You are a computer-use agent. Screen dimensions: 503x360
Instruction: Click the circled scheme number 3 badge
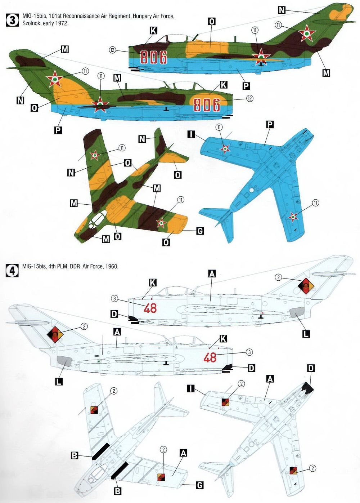(13, 20)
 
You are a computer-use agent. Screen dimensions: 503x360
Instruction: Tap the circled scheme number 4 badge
(13, 270)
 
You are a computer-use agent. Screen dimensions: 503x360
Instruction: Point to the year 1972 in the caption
(62, 23)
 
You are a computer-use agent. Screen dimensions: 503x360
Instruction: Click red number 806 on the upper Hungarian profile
(154, 57)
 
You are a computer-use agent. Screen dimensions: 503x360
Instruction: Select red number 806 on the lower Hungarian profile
(207, 104)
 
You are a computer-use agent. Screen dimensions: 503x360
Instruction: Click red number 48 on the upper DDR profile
(150, 308)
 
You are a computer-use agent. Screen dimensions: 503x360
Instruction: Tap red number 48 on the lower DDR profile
(210, 357)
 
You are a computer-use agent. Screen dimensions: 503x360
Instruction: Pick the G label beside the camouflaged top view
(200, 231)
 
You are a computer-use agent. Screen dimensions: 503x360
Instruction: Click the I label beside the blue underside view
(191, 134)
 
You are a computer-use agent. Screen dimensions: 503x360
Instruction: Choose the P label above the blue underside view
(270, 124)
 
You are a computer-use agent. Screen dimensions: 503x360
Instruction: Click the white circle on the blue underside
(252, 190)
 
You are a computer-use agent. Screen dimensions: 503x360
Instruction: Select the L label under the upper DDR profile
(306, 334)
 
